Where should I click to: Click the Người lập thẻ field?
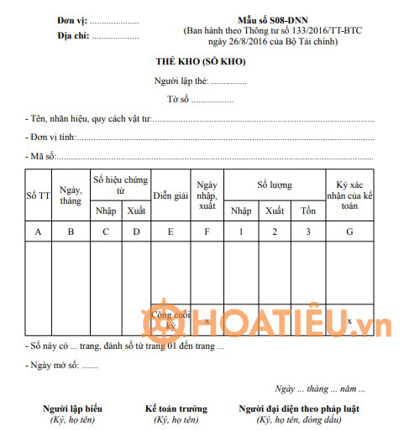pyautogui.click(x=200, y=81)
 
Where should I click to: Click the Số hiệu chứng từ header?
pyautogui.click(x=121, y=185)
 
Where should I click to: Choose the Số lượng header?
pyautogui.click(x=275, y=184)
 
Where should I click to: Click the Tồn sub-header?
pyautogui.click(x=308, y=210)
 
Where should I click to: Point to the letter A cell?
pyautogui.click(x=38, y=231)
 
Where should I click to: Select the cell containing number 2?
pyautogui.click(x=275, y=231)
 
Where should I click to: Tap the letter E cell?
pyautogui.click(x=171, y=231)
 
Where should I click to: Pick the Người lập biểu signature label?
pyautogui.click(x=73, y=408)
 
